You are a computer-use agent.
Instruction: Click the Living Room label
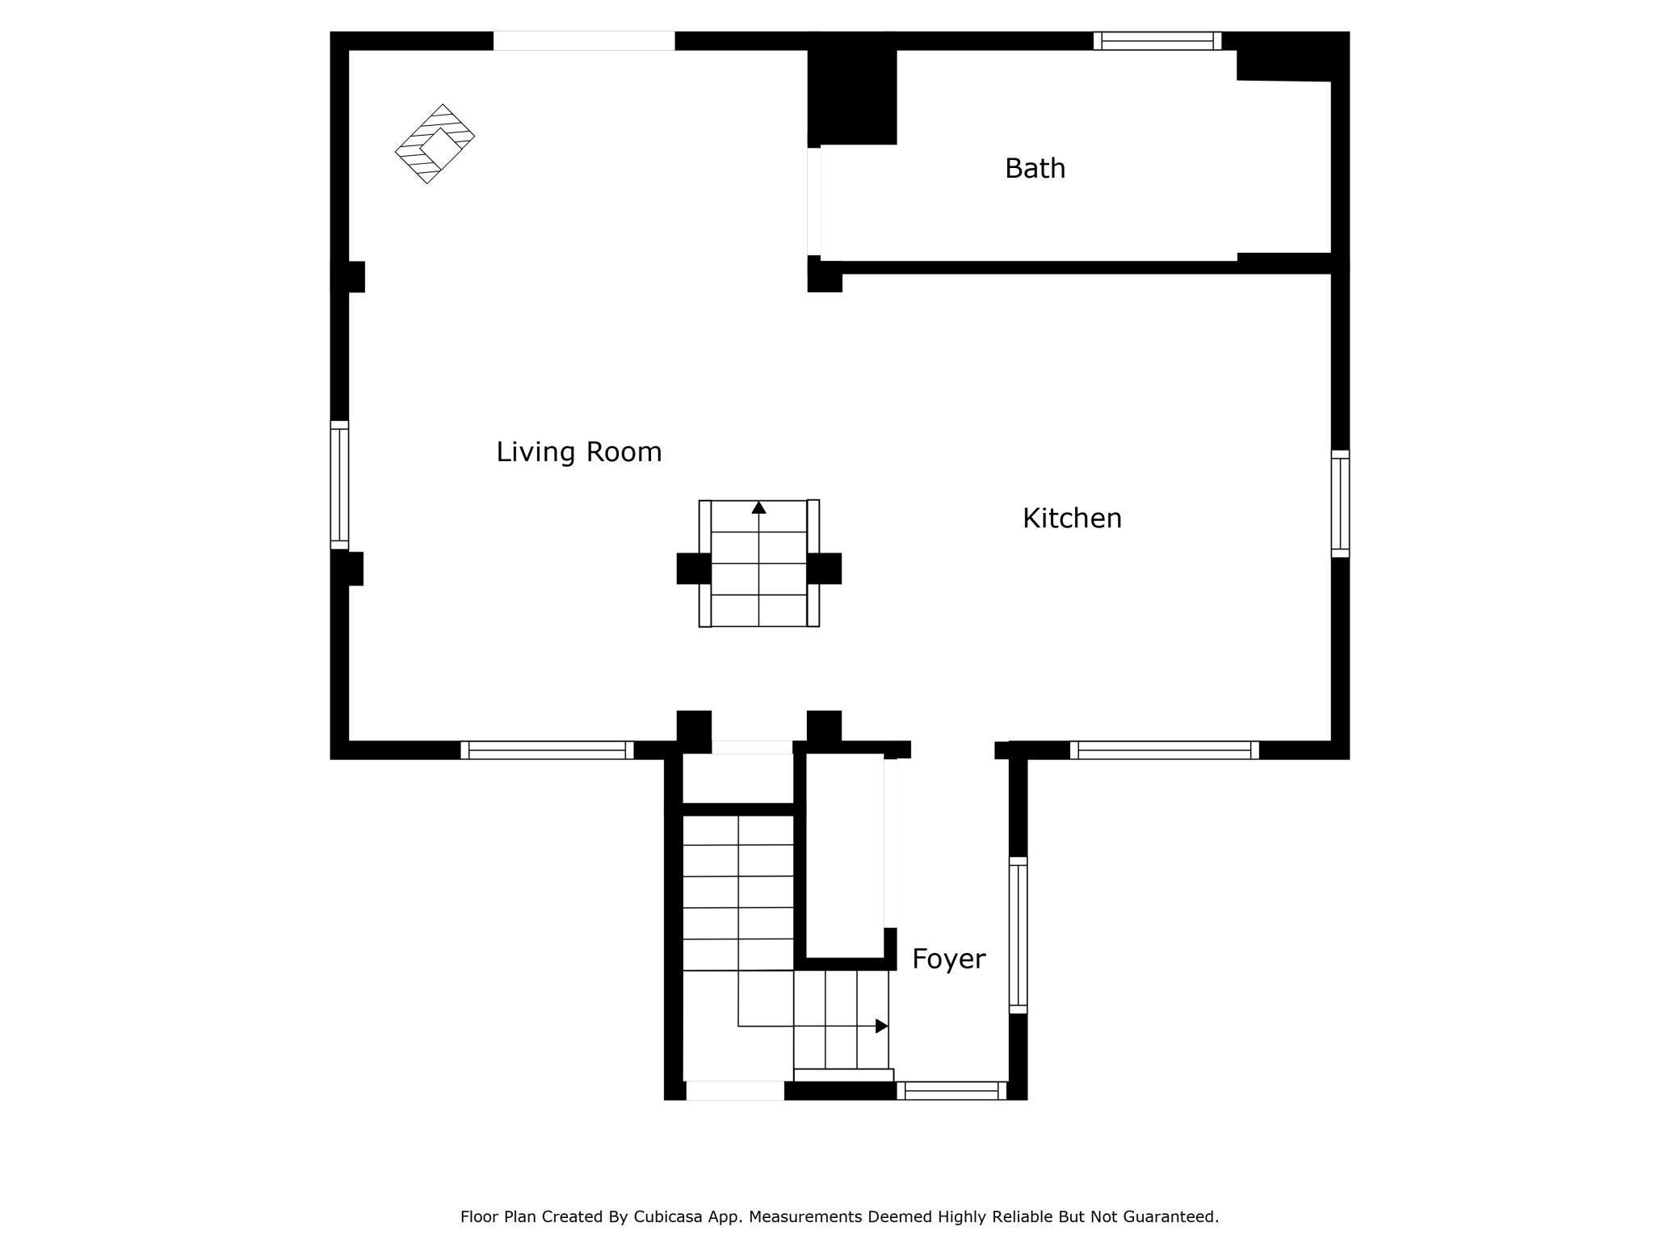pos(578,451)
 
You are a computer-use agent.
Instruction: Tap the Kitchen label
pos(1072,519)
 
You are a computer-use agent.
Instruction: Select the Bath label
pos(1035,168)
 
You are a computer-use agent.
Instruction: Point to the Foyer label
pos(948,959)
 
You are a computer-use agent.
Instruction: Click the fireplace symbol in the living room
pos(435,144)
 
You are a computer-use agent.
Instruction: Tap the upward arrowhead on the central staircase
pos(758,507)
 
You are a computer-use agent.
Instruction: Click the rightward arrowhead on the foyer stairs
pos(882,1026)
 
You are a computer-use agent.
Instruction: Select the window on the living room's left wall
pos(339,485)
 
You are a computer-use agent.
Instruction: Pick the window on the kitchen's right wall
pos(1340,503)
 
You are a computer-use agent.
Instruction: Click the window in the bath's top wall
pos(1157,40)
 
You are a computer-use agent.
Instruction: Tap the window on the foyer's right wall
pos(1018,934)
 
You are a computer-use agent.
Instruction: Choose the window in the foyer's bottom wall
pos(951,1090)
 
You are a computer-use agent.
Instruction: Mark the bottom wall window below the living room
pos(547,750)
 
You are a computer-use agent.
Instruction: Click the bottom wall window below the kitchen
pos(1164,750)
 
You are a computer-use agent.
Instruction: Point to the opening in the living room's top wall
pos(583,40)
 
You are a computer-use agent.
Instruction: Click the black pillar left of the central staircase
pos(693,569)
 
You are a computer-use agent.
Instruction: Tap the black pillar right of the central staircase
pos(824,569)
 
